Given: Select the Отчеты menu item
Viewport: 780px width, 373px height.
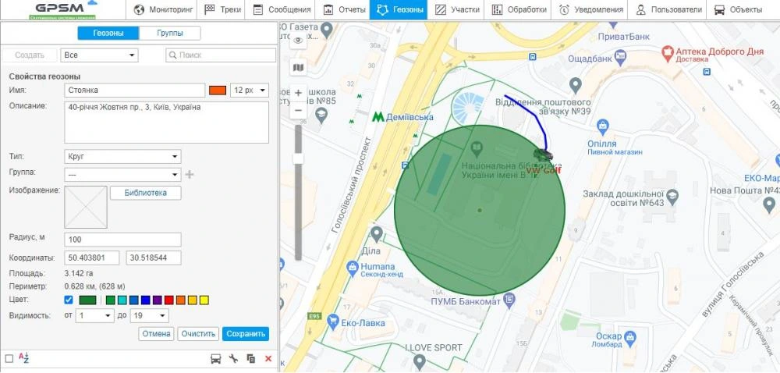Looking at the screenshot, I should tap(345, 10).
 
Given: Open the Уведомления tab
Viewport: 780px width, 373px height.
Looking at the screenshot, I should tap(590, 10).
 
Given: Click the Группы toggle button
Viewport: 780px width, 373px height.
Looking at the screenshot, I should tap(170, 33).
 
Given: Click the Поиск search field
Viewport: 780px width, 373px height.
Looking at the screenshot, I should tap(221, 55).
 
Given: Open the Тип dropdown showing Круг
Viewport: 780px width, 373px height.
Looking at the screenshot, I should tap(123, 156).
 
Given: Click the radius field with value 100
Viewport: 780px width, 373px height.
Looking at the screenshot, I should tap(123, 240).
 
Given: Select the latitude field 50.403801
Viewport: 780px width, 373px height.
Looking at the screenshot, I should tap(93, 258).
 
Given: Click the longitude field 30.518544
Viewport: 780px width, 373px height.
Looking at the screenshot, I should tap(154, 258).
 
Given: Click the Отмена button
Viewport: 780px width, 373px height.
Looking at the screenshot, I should tap(156, 334).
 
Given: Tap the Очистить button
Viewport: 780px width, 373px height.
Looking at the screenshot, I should tap(197, 334).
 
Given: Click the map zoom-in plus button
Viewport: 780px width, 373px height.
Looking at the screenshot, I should tap(298, 93).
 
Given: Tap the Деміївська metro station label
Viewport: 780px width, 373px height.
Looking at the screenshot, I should tap(411, 116).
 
